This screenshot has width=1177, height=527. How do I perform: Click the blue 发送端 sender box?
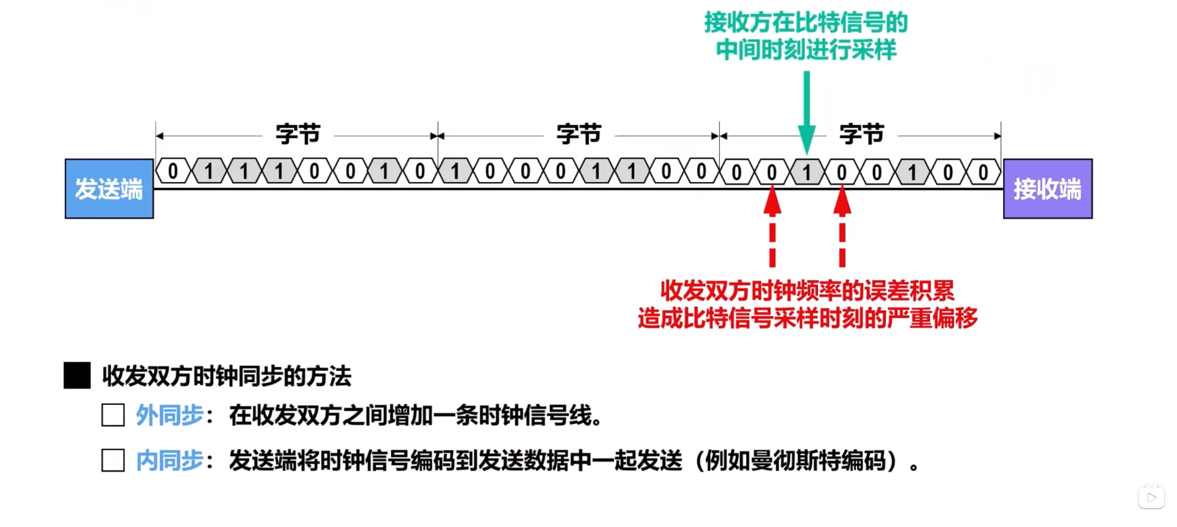pos(109,189)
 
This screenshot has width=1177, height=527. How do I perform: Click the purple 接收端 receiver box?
pos(1047,189)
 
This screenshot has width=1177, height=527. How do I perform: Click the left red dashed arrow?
pos(772,226)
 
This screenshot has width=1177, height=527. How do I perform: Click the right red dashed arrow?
pos(842,226)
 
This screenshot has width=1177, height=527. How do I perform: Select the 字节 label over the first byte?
pos(298,134)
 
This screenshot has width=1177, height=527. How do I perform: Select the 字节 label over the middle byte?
pos(579,134)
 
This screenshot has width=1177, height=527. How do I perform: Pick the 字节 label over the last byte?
pos(861,134)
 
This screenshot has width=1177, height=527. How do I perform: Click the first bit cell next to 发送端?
pos(173,171)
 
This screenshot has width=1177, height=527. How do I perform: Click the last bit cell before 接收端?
pos(983,172)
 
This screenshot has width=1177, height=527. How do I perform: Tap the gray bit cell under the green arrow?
pos(807,172)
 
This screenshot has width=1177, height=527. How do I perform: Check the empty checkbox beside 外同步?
pos(113,415)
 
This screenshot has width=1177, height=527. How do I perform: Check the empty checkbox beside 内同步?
pos(113,460)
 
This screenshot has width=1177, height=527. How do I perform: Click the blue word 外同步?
pos(170,415)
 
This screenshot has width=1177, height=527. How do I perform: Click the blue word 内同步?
pos(170,460)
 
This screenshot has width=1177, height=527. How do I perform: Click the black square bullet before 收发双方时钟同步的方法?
pos(77,376)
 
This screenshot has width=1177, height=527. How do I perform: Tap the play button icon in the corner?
pos(1151,497)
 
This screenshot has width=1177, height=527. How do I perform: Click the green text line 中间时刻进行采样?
pos(806,50)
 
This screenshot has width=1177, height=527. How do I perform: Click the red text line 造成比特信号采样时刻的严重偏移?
pos(807,318)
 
